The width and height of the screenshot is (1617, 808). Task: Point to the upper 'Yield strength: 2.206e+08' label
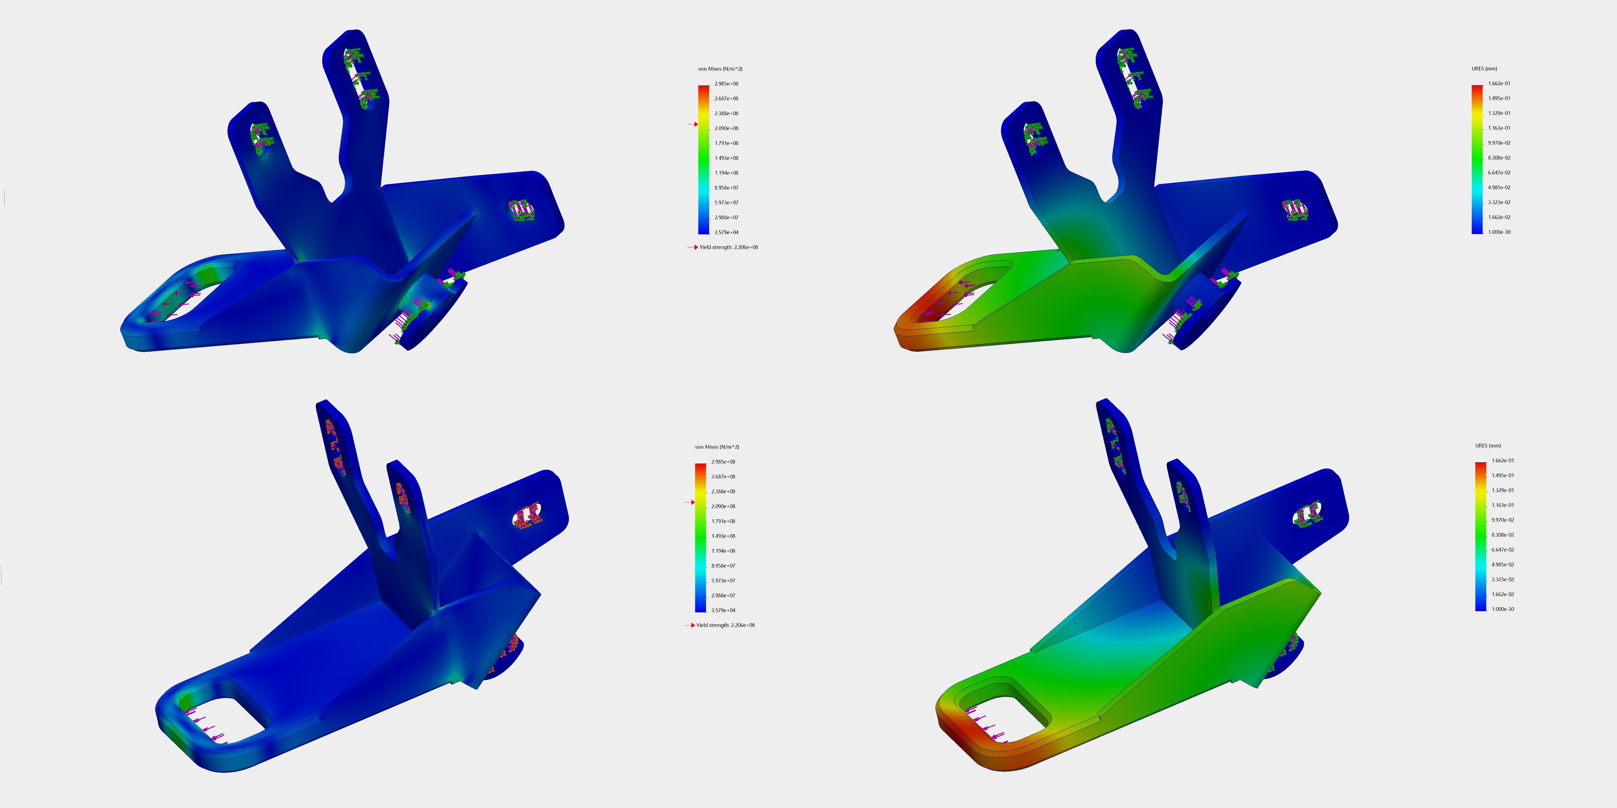[x=728, y=247]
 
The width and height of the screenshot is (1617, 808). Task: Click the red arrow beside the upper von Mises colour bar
[x=693, y=124]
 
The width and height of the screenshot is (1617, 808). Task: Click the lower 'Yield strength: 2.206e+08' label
[x=725, y=626]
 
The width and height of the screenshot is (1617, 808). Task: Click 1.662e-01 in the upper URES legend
[x=1499, y=83]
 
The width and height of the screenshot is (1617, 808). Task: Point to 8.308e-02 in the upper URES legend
[x=1499, y=158]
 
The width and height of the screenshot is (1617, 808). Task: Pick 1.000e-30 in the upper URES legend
[x=1499, y=232]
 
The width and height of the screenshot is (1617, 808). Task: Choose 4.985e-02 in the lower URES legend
[x=1503, y=565]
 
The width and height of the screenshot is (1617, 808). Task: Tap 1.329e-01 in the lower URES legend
[x=1503, y=491]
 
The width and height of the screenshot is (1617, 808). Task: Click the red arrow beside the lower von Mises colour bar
[x=690, y=502]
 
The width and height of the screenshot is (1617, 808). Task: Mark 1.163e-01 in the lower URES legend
[x=1503, y=505]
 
